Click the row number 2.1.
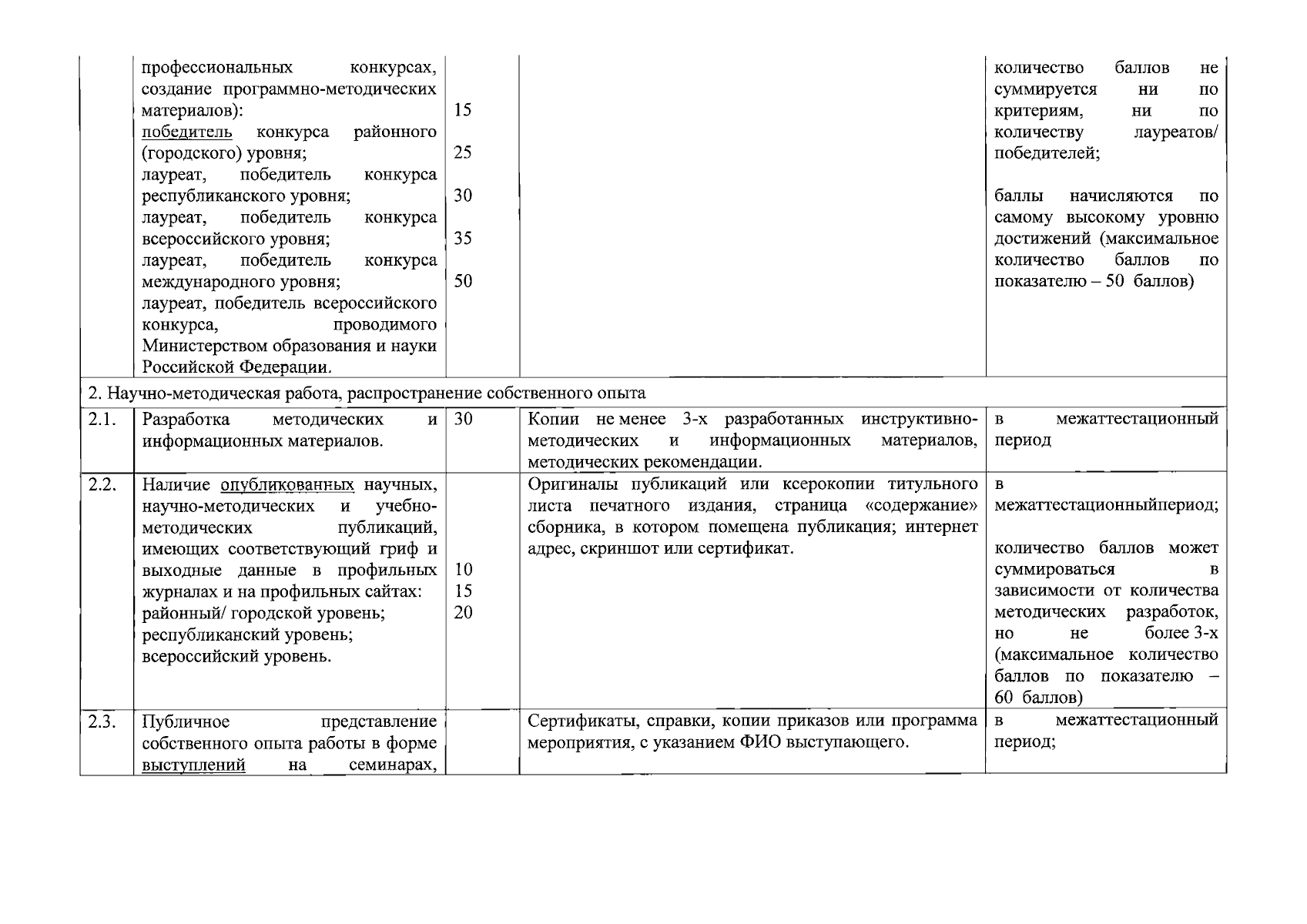[x=101, y=420]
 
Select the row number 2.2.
[x=102, y=484]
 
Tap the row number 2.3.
[x=102, y=721]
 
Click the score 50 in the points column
[x=463, y=281]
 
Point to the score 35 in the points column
[x=463, y=238]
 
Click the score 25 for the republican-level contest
[x=463, y=152]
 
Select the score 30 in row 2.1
[x=463, y=419]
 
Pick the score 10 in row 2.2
[x=464, y=570]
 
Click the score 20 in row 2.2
[x=464, y=613]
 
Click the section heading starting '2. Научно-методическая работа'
[x=367, y=393]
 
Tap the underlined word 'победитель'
[x=187, y=132]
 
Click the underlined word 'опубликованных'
[x=287, y=485]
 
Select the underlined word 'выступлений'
[x=194, y=765]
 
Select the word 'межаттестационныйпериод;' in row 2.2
[x=1107, y=506]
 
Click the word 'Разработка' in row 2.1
[x=186, y=420]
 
